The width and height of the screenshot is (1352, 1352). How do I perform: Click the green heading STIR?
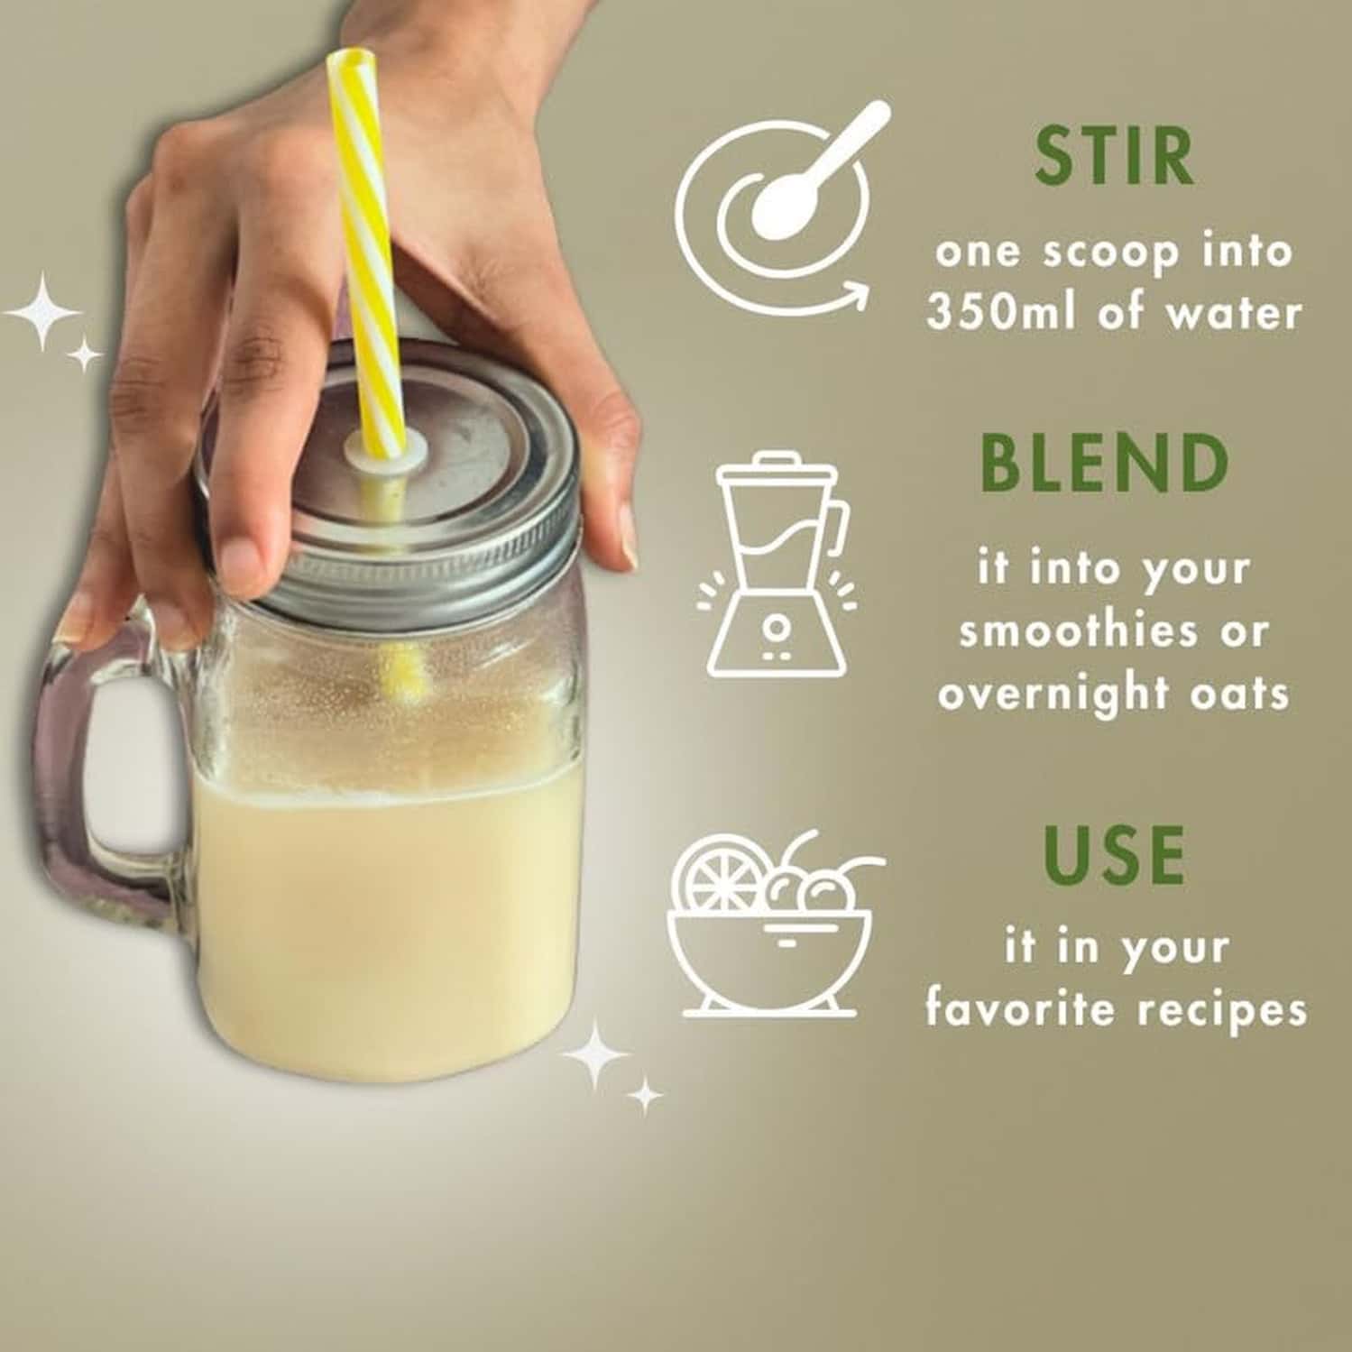(x=1114, y=156)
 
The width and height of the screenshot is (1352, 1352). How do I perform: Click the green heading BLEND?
(x=1105, y=463)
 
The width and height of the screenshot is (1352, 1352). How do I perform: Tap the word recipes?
(x=1222, y=1009)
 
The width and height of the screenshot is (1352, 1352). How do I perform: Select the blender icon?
(x=777, y=564)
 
